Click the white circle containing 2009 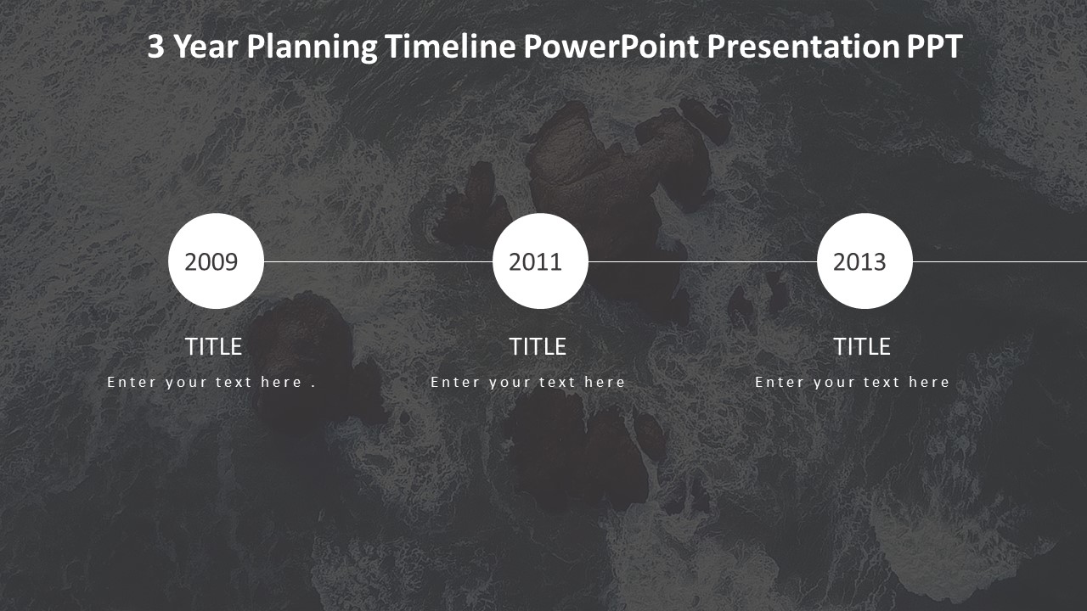pos(216,261)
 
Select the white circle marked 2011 pos(540,261)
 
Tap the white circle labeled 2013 pos(865,261)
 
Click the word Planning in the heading pos(312,47)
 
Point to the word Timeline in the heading pos(450,46)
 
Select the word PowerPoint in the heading pos(611,46)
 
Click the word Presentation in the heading pos(803,46)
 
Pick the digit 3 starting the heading pos(155,46)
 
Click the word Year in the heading pos(206,46)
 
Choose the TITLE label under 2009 pos(213,347)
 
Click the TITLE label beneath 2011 pos(538,347)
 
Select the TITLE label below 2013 pos(862,347)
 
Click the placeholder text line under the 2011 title pos(527,383)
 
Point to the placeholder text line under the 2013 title pos(852,383)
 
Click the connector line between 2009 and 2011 pos(378,261)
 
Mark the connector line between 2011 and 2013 pos(702,261)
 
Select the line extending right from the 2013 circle pos(1000,261)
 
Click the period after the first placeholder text pos(313,386)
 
